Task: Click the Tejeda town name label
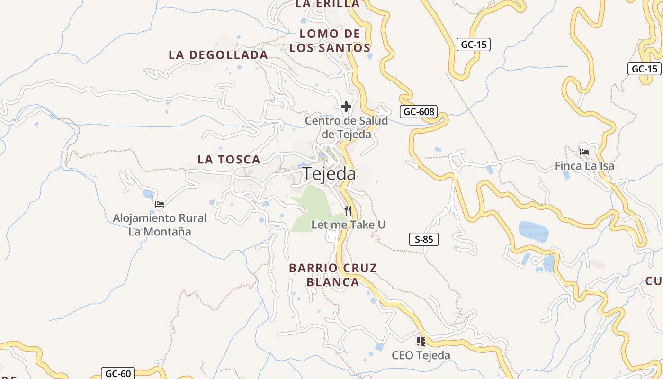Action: click(x=329, y=174)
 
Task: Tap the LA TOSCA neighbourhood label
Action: click(x=229, y=160)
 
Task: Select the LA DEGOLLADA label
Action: click(x=218, y=55)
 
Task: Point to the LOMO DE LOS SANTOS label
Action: click(x=330, y=41)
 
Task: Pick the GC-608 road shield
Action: click(x=418, y=112)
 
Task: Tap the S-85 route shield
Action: click(x=424, y=239)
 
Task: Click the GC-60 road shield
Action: click(x=118, y=373)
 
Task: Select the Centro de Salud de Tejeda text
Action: click(x=346, y=127)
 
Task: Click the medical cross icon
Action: click(x=346, y=107)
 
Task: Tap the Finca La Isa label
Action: click(x=584, y=166)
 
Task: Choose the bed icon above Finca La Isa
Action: click(x=584, y=152)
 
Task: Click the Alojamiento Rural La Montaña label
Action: click(x=160, y=225)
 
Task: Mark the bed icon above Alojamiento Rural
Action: click(x=160, y=204)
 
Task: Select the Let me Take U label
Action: click(x=348, y=225)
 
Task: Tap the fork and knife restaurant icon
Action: click(x=348, y=210)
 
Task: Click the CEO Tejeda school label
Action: click(x=421, y=355)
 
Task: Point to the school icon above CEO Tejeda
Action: click(x=421, y=341)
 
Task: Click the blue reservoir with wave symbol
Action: click(x=534, y=231)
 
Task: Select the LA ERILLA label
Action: click(x=327, y=4)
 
